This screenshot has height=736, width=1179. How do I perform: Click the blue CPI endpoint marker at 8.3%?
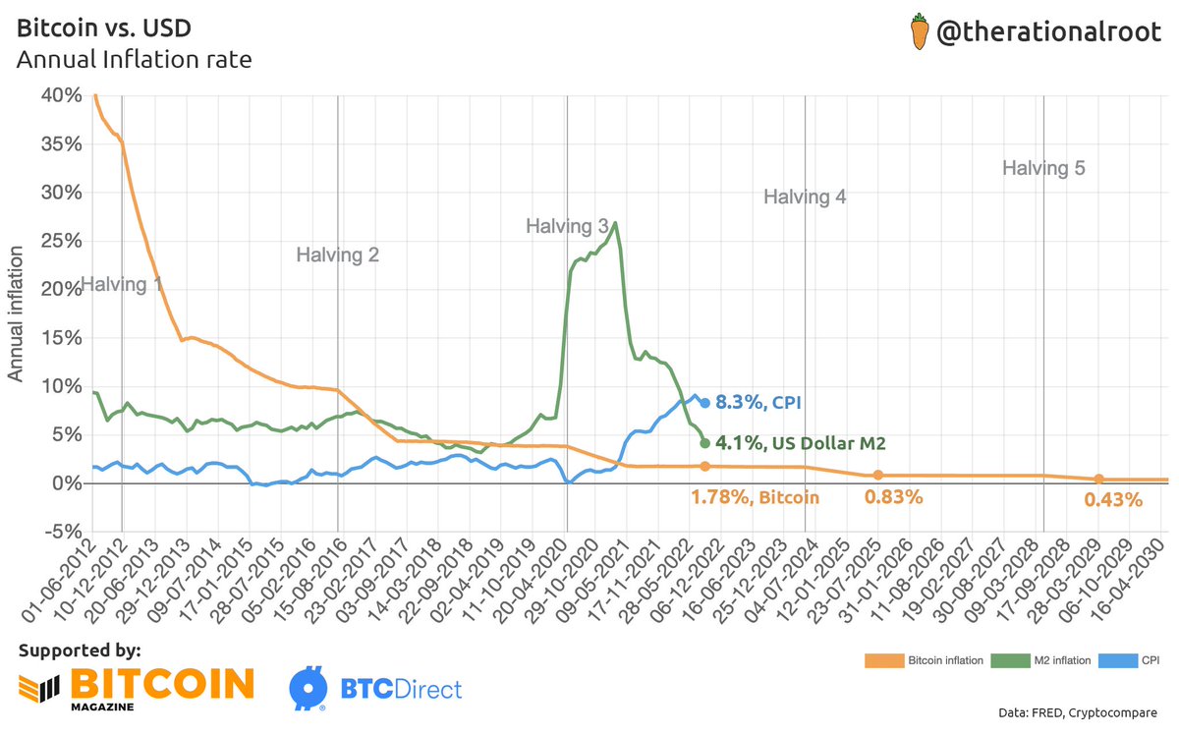704,403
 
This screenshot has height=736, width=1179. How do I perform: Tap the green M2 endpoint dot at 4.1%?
704,443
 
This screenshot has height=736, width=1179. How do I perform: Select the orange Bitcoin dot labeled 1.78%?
704,467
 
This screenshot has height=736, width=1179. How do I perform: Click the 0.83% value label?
893,497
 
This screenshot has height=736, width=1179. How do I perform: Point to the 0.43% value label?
1113,500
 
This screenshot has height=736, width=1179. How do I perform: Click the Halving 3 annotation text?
567,227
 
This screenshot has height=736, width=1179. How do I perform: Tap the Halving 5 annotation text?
1043,168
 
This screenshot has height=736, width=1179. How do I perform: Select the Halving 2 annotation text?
338,255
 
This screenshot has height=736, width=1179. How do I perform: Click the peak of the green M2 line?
615,223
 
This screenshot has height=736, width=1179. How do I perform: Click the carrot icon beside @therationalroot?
919,33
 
